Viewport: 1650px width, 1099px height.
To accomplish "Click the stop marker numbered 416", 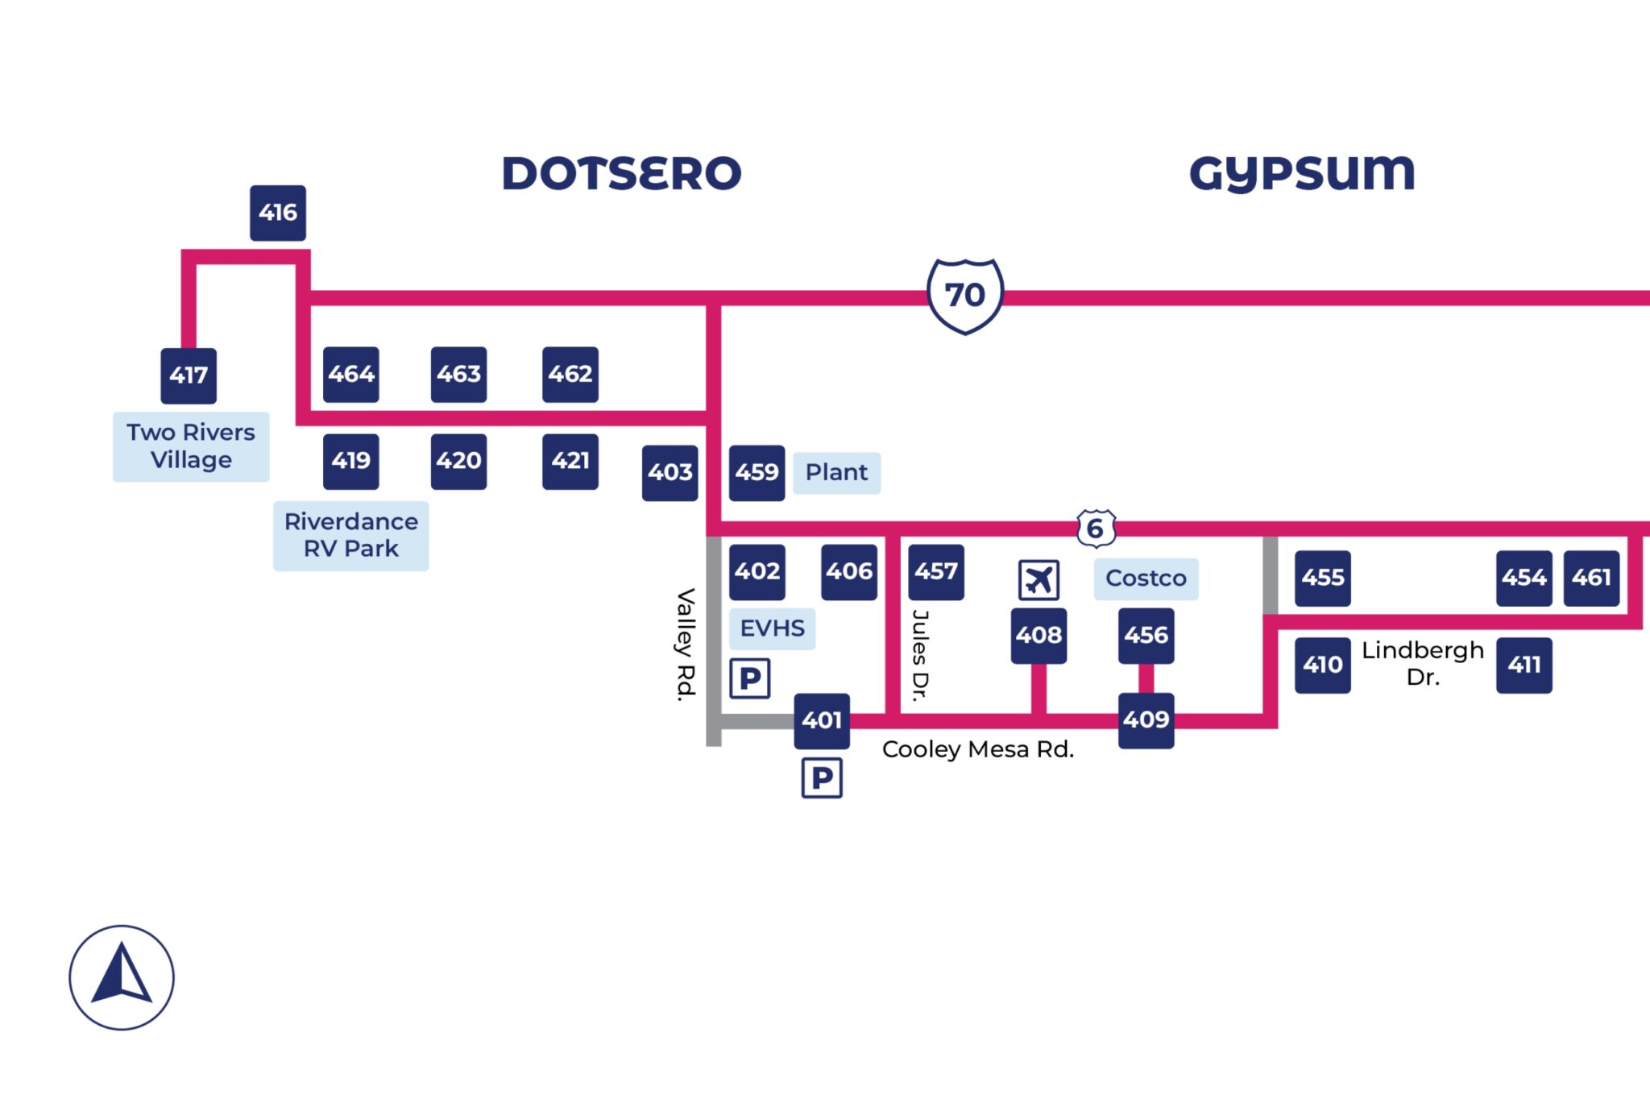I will pos(277,213).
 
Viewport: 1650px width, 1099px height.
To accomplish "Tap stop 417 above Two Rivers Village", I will pos(189,375).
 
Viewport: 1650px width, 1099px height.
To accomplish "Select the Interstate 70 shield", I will pos(964,296).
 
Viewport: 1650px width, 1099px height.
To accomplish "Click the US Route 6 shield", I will pos(1096,529).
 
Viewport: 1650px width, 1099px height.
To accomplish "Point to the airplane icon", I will pos(1039,579).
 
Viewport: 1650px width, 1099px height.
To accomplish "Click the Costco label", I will pos(1145,579).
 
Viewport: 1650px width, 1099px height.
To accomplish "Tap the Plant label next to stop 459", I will pos(836,472).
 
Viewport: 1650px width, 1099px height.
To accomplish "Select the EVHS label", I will pos(772,628).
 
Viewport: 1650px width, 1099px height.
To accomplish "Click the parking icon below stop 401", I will pos(822,778).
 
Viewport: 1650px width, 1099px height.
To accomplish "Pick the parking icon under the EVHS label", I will pos(749,678).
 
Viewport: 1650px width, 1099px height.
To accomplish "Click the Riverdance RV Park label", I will pos(350,535).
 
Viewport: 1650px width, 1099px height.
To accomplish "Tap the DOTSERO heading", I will pos(621,173).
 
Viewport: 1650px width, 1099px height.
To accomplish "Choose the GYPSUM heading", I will pos(1302,173).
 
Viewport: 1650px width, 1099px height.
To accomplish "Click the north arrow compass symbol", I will pos(122,977).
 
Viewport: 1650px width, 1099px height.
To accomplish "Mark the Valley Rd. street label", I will pos(685,645).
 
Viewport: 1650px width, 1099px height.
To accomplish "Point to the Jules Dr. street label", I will pos(920,654).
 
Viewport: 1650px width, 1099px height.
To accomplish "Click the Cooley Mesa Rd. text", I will pos(977,749).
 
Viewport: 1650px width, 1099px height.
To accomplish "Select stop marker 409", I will pos(1146,720).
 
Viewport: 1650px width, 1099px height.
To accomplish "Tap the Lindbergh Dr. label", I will pos(1422,663).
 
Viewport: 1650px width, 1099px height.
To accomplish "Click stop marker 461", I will pos(1590,578).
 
